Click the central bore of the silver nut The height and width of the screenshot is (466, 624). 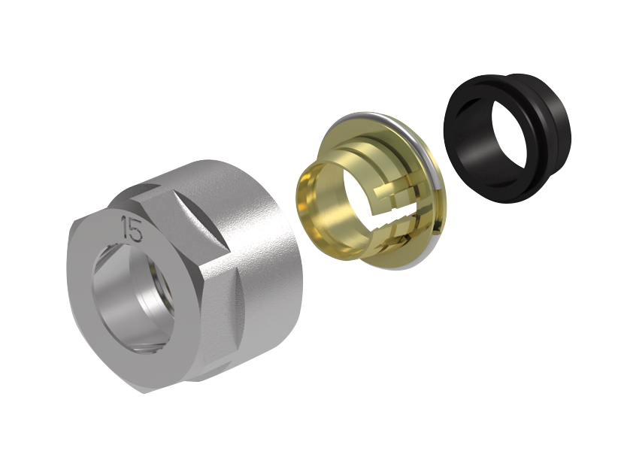[x=134, y=299]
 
